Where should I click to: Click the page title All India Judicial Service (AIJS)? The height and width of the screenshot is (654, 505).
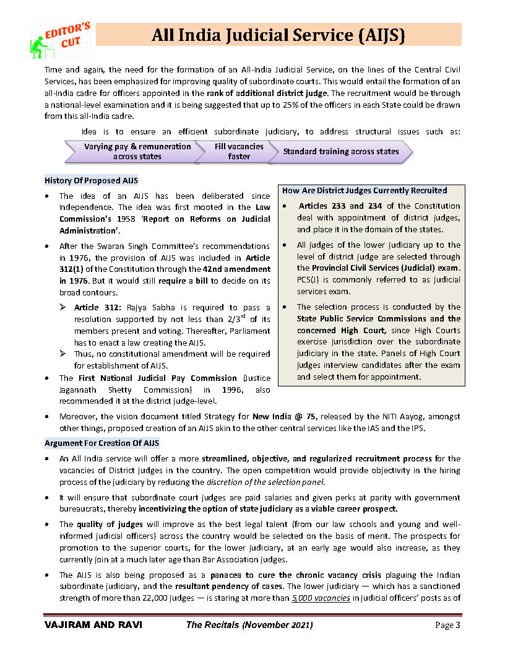(278, 35)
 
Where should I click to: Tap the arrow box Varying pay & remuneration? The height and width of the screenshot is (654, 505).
(129, 151)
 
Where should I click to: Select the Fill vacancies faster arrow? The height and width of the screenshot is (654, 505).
(239, 151)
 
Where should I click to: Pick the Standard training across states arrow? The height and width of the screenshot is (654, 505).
(341, 151)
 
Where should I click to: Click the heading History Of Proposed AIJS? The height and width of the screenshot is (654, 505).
(91, 181)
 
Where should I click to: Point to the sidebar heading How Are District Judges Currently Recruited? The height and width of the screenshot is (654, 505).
(365, 190)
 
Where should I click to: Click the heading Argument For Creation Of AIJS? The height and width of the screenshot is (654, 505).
(101, 443)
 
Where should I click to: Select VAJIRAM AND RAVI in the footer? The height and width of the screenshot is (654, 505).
(93, 626)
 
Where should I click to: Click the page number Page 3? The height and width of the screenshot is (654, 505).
(448, 626)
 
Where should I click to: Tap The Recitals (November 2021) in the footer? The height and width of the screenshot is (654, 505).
(249, 626)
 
